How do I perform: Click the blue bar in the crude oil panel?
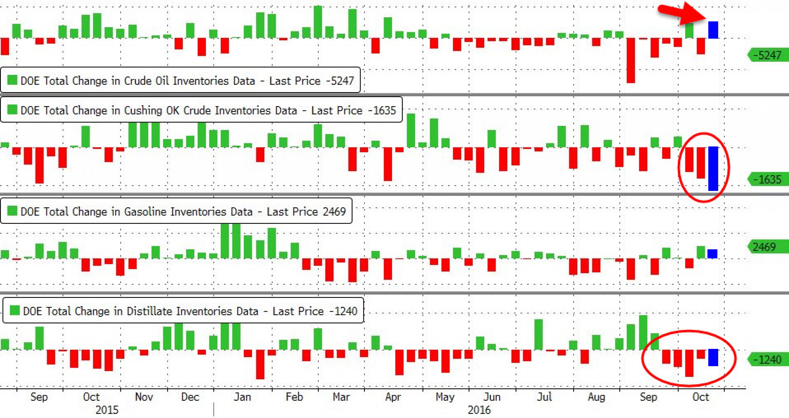[x=713, y=30]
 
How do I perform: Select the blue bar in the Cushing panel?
[x=713, y=168]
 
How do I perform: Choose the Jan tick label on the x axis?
[x=243, y=397]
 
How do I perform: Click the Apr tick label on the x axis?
[x=393, y=397]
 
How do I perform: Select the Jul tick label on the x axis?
[x=544, y=397]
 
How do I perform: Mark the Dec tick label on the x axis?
[x=190, y=397]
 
